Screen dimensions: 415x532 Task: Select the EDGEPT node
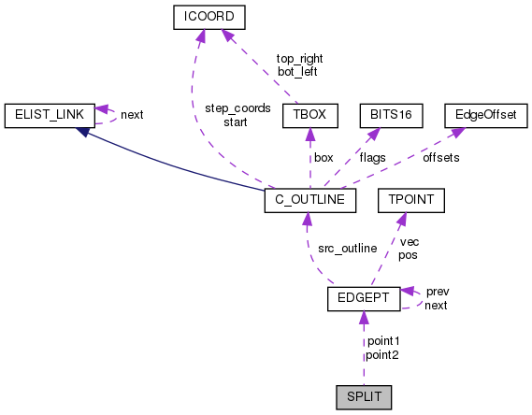(364, 299)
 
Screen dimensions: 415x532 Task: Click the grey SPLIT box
(363, 398)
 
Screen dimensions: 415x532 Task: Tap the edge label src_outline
(346, 249)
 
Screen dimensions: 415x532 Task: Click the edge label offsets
(440, 158)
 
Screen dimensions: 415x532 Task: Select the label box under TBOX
(324, 158)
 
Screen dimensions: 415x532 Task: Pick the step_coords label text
(237, 108)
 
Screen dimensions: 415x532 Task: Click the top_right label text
(299, 58)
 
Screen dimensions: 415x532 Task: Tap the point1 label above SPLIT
(383, 342)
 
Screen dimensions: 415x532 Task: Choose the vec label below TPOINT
(409, 241)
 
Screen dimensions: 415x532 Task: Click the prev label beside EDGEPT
(438, 292)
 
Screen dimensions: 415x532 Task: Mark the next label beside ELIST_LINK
(132, 115)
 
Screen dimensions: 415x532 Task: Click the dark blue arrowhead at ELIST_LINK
(83, 133)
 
